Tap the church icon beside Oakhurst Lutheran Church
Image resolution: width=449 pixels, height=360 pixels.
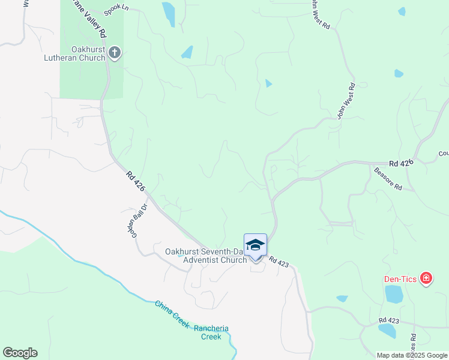click(x=115, y=54)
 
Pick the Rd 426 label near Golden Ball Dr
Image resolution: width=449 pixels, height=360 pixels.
click(x=136, y=182)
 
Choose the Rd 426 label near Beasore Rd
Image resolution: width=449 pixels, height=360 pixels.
click(x=402, y=163)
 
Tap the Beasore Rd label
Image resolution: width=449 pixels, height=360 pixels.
click(x=387, y=179)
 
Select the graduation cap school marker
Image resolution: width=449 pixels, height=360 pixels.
click(x=255, y=245)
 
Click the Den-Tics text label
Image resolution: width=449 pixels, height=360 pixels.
click(x=401, y=279)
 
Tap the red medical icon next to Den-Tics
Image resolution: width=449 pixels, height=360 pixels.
click(x=426, y=278)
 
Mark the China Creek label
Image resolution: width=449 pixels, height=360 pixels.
click(x=172, y=314)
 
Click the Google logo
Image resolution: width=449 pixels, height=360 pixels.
click(x=20, y=352)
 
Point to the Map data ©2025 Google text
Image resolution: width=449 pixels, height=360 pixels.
click(x=412, y=355)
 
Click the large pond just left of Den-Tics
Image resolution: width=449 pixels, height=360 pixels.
click(x=394, y=294)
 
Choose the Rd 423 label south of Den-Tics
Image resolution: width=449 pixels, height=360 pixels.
click(x=389, y=322)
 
